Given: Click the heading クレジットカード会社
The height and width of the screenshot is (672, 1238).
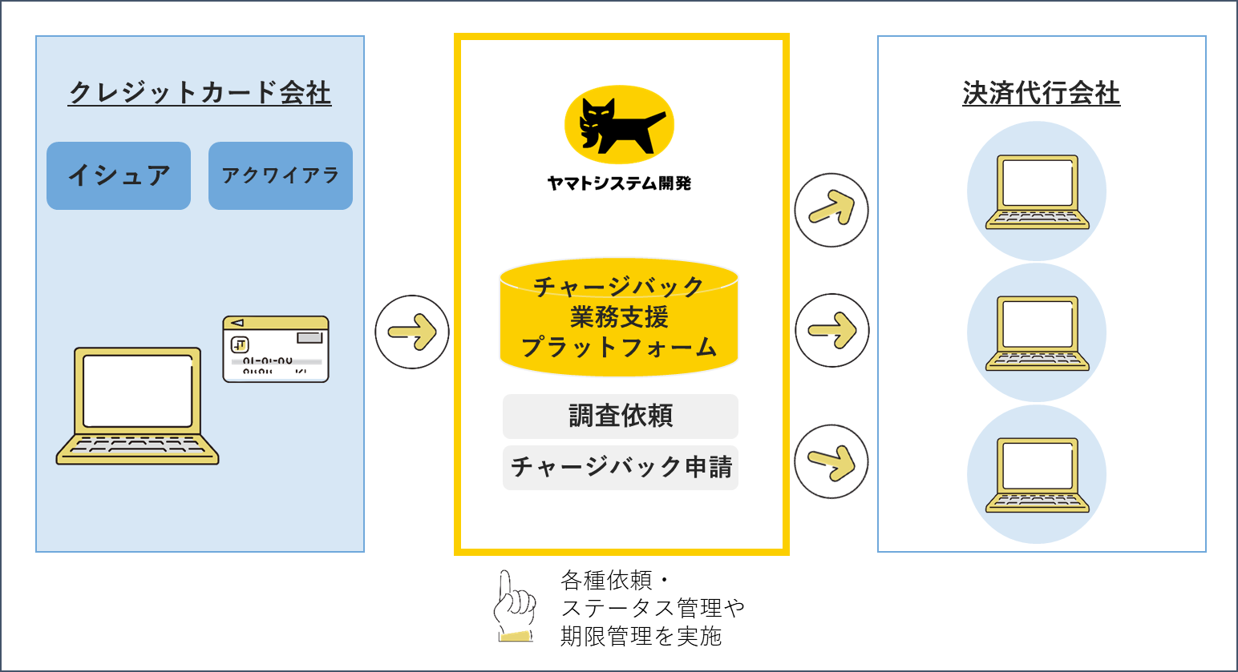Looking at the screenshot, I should point(200,93).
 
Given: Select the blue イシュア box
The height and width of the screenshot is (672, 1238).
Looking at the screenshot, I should point(119,175).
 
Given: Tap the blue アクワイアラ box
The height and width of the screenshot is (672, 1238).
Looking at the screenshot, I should point(281,175).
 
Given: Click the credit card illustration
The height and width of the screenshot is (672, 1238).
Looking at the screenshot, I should point(276,348).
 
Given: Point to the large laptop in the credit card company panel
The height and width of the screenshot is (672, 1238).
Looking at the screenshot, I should point(138,405).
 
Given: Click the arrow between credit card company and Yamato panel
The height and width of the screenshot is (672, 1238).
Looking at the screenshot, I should point(412,332).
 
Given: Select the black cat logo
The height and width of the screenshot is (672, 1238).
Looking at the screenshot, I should point(619,125).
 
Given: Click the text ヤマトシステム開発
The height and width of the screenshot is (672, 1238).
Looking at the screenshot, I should point(619,183).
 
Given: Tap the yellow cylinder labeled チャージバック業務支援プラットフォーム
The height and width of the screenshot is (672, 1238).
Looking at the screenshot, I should point(619,317).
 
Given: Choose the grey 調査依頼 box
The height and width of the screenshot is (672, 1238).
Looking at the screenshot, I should point(621,416).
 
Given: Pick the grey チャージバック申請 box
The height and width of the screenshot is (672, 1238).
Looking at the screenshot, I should point(621,467).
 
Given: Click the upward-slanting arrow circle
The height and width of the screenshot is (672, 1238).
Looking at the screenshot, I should point(831,210).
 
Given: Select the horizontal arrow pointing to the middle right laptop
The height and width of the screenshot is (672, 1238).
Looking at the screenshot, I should point(832,330).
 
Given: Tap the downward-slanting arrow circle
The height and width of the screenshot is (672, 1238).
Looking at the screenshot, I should point(831,461).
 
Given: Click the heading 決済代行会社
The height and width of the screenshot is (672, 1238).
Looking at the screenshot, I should point(1041,93).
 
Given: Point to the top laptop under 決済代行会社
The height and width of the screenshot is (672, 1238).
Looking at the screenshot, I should point(1037,191).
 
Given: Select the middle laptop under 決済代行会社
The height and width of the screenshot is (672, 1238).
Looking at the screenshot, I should point(1037,332).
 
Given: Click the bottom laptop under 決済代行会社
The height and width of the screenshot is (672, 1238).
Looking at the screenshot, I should point(1037,474).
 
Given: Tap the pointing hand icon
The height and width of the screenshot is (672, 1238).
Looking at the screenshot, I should point(513,606).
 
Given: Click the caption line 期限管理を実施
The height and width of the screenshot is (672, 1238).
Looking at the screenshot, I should point(641,636).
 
